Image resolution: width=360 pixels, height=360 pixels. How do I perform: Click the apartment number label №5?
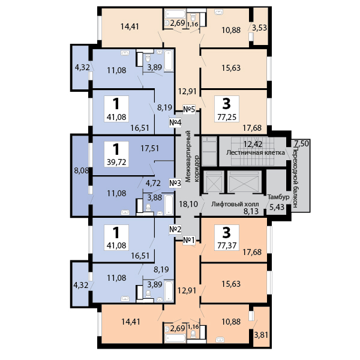[x=190, y=109]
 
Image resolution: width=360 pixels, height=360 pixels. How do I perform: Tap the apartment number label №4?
[x=175, y=123]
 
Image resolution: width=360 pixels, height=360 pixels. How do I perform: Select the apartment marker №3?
[x=175, y=183]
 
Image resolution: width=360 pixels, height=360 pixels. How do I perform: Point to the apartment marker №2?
[x=175, y=229]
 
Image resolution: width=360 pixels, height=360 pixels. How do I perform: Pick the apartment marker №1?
[x=190, y=241]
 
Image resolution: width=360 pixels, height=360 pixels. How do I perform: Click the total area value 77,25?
[x=226, y=118]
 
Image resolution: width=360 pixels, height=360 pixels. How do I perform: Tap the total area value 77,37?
[x=226, y=245]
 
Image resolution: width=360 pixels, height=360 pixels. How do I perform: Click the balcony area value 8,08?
[x=80, y=171]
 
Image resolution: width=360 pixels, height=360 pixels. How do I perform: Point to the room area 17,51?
[x=149, y=149]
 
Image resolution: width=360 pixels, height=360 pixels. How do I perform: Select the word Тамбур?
[x=278, y=197]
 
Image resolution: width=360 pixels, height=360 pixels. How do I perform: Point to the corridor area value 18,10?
[x=188, y=204]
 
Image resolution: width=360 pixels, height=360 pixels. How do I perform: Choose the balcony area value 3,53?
[x=260, y=28]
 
